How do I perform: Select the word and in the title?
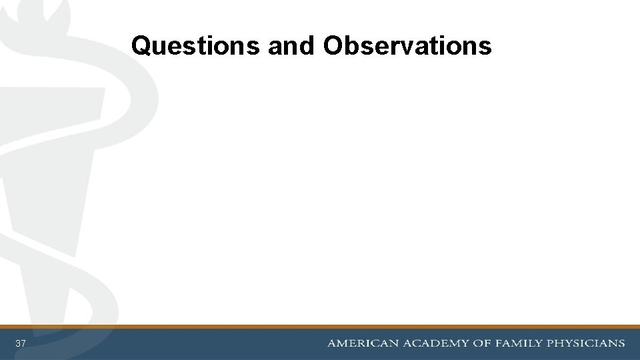click(x=291, y=45)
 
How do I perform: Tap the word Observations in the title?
click(x=407, y=45)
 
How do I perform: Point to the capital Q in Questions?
click(x=141, y=45)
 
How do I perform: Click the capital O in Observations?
click(x=333, y=45)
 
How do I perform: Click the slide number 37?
click(x=21, y=343)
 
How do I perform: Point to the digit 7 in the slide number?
click(x=23, y=343)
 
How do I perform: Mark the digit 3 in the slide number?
click(x=18, y=343)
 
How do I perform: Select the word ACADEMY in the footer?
click(x=435, y=343)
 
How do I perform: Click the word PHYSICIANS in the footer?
click(x=586, y=343)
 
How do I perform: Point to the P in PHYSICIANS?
click(x=551, y=343)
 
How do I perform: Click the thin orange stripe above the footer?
click(x=320, y=327)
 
